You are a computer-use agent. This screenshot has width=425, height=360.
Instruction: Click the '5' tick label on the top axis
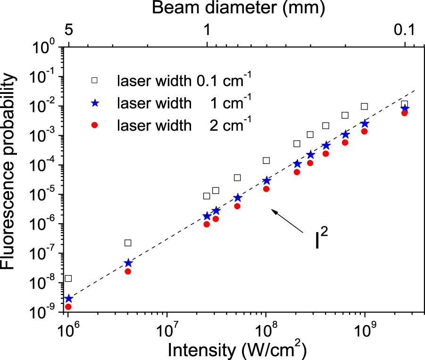(68, 31)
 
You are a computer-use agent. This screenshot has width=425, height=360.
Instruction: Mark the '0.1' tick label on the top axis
(404, 31)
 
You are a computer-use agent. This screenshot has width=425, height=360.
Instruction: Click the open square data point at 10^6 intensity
(68, 278)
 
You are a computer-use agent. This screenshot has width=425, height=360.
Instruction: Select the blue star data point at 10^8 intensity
(267, 181)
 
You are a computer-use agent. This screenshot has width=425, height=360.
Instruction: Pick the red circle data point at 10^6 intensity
(68, 307)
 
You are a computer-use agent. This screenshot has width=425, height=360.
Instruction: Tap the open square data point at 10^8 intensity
(266, 160)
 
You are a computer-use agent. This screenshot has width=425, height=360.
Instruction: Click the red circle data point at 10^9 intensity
(364, 131)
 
